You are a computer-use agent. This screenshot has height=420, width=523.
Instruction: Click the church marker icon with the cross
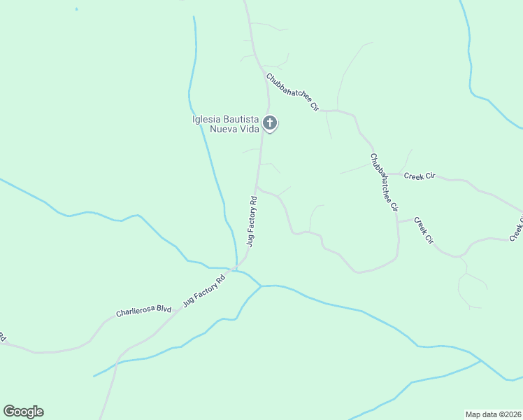270,124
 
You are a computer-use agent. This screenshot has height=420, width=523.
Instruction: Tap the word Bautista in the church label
240,119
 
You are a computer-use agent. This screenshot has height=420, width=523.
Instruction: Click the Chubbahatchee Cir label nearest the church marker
292,92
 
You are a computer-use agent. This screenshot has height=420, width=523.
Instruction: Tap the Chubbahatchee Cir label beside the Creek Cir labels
384,183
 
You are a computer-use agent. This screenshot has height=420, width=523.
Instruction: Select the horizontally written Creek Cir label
420,175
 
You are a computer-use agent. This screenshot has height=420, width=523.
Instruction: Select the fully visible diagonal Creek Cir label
424,231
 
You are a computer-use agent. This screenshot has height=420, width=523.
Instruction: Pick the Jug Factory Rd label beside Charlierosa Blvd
204,290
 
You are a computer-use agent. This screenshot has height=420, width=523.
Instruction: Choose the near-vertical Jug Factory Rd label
252,220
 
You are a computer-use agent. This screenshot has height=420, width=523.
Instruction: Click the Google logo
23,412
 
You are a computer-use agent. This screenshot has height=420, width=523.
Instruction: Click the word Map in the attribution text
473,414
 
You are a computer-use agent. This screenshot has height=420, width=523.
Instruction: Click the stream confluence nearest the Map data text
482,361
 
